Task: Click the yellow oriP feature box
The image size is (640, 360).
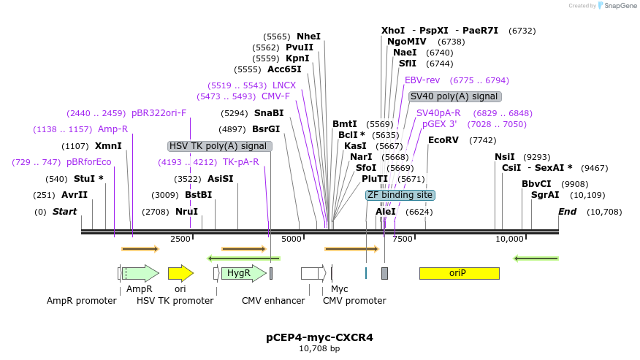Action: coord(459,273)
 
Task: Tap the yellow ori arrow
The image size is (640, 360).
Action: coord(180,273)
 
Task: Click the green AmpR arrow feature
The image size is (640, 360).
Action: coord(141,273)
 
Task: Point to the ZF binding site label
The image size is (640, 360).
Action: coord(400,195)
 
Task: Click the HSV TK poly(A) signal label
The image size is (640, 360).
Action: coord(219,146)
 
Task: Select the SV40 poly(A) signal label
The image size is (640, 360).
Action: coord(454,96)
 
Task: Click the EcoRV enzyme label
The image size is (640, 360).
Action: coord(443,140)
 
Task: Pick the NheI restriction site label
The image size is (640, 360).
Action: coord(308,37)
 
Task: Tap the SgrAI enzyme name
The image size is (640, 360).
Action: coord(545,195)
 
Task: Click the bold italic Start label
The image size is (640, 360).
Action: coord(64,212)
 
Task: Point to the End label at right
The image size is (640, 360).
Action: coord(567,212)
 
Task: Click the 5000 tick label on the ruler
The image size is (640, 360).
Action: coord(292,239)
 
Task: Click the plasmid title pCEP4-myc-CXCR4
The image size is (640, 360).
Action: coord(319,337)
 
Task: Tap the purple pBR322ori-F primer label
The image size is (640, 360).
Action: coord(159,113)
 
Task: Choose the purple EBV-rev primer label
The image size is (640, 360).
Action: coord(422,80)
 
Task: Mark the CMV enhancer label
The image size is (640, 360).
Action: coord(273,300)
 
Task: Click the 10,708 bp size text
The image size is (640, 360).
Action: coord(319,349)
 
